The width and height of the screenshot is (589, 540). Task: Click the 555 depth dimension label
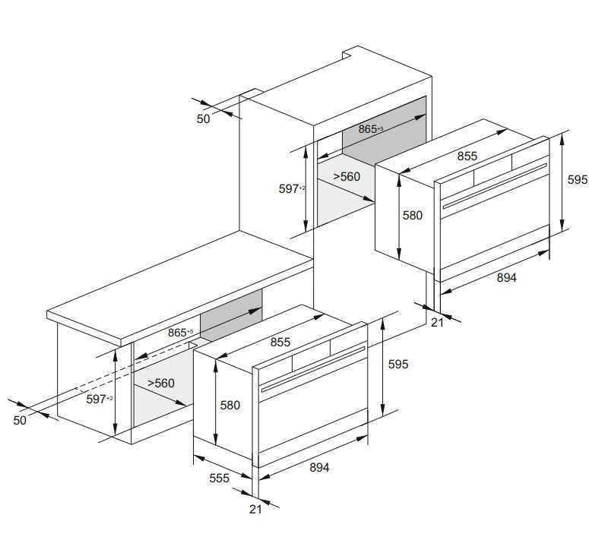(219, 478)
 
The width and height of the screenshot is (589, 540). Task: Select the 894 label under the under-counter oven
(319, 468)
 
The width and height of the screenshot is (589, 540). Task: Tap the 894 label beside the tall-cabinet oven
(506, 278)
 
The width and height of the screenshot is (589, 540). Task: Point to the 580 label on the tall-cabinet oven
(413, 216)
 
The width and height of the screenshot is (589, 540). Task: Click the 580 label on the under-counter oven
(230, 406)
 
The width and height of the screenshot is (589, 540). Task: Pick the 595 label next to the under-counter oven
(398, 364)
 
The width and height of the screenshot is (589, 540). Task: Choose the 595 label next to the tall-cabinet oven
(578, 180)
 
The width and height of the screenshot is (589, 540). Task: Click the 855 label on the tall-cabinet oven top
(467, 156)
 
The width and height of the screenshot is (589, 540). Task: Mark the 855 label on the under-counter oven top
(280, 343)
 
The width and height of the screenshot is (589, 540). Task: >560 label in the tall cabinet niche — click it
(347, 176)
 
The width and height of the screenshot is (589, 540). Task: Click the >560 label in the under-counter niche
(161, 383)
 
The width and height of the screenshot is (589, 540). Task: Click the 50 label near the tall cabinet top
(203, 119)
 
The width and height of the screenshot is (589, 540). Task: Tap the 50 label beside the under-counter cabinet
(20, 420)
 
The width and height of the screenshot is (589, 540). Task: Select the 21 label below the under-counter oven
(255, 509)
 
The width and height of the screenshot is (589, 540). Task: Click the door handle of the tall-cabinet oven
(495, 186)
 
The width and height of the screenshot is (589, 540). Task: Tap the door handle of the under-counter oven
(313, 369)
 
